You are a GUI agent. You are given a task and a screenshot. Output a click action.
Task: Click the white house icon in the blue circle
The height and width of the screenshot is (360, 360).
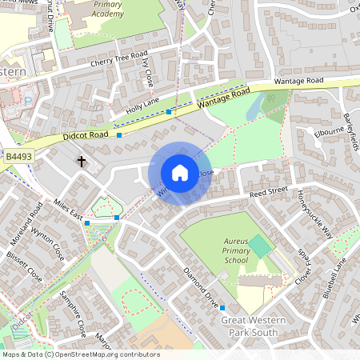coord(180,173)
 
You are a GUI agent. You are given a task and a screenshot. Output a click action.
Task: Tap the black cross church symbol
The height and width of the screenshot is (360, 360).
coord(81,162)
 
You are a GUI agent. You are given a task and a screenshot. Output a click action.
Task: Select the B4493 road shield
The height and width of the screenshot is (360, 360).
coord(17,157)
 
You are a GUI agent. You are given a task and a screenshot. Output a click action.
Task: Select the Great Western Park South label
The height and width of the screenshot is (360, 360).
coord(254,326)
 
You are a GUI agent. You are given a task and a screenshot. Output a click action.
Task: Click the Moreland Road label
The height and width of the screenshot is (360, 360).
coord(35,227)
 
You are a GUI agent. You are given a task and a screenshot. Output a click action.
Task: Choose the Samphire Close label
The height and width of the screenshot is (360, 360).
coord(73,313)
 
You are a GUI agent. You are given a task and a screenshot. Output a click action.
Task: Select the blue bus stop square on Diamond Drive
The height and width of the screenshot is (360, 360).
coord(222,307)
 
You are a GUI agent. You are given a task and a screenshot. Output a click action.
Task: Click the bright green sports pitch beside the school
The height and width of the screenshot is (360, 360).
coord(260,246)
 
